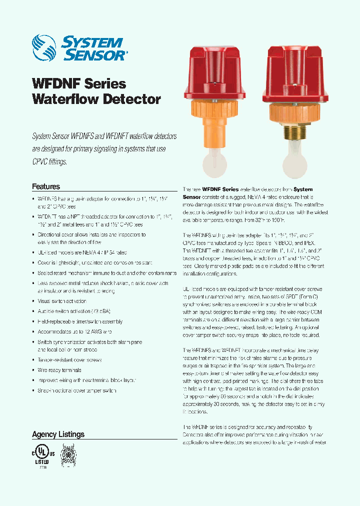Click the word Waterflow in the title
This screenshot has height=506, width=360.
point(64,98)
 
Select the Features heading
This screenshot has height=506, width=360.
point(46,186)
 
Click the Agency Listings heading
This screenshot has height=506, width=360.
point(58,434)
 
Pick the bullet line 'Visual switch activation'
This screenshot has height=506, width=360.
point(62,301)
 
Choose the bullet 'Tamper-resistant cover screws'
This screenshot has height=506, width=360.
point(69,360)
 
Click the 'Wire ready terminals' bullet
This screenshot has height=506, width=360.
point(59,370)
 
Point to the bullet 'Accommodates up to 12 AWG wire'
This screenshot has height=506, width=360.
point(74,331)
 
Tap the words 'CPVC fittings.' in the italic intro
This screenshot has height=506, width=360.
point(49,162)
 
